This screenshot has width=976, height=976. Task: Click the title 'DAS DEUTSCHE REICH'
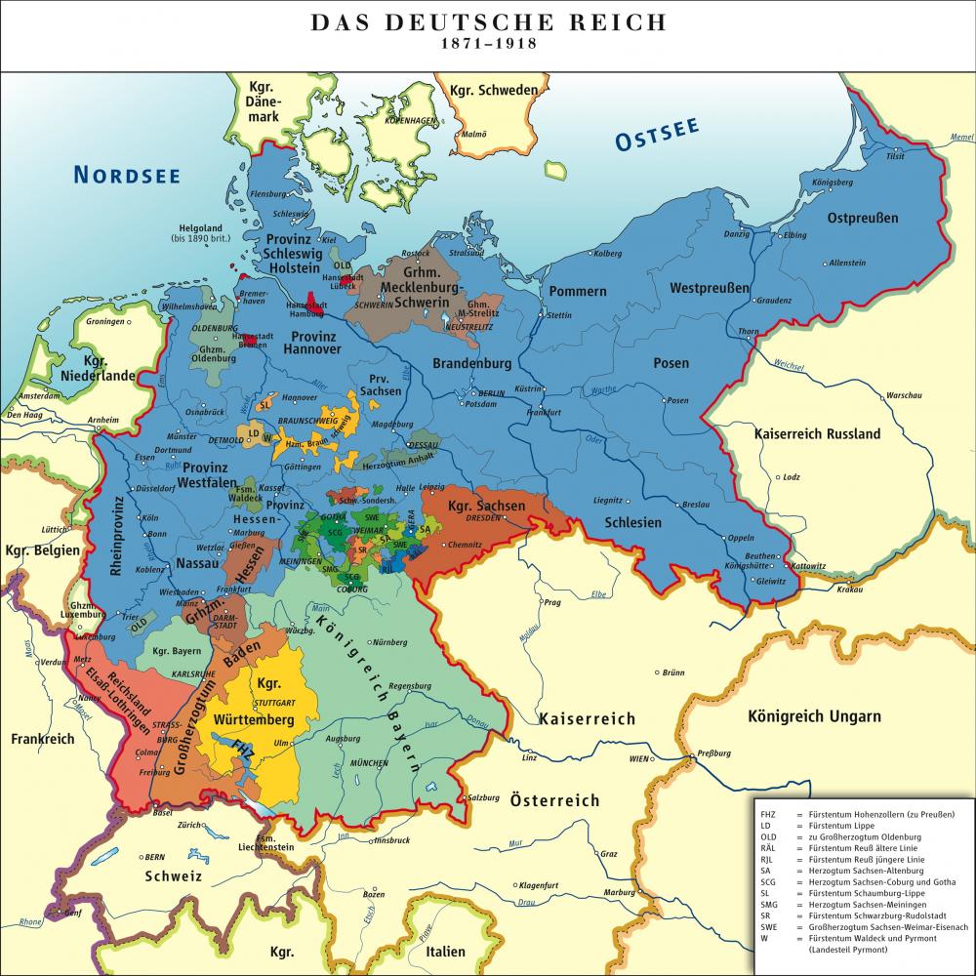(x=487, y=21)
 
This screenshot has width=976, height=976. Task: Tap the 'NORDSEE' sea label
(x=127, y=175)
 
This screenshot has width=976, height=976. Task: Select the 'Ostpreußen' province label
(x=863, y=217)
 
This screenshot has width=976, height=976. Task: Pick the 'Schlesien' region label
(x=634, y=523)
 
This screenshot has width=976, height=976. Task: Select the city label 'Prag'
(x=552, y=602)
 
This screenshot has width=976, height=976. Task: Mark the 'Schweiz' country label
(x=173, y=875)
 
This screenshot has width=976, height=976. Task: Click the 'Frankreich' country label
(x=43, y=738)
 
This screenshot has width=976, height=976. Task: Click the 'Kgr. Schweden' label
(x=493, y=91)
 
